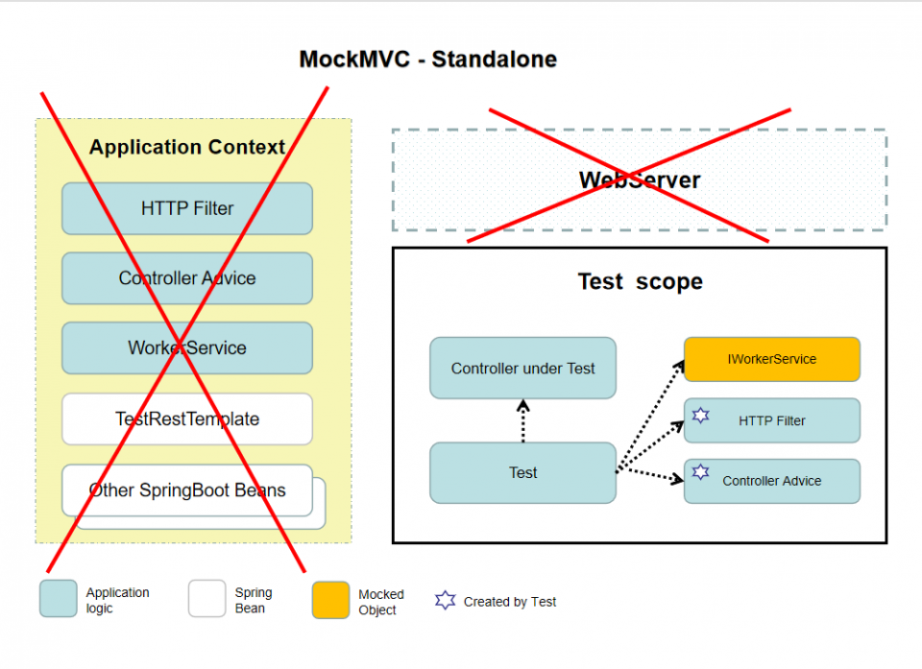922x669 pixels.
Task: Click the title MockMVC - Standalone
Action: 427,59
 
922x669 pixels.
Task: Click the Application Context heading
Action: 187,147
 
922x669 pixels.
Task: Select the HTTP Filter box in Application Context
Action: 187,208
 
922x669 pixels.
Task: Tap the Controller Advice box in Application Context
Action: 187,278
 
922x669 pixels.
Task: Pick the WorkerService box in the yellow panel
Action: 187,347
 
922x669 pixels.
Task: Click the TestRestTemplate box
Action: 187,418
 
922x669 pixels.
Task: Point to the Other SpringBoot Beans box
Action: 187,490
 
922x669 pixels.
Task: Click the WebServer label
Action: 639,179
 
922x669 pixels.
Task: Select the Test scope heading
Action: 640,281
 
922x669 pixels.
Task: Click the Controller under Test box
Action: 522,368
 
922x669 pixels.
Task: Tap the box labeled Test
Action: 522,472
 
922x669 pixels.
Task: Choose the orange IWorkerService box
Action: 771,359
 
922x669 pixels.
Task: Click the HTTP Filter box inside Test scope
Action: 771,420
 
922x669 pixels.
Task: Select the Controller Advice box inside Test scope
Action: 771,481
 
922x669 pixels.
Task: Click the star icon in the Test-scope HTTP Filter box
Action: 701,416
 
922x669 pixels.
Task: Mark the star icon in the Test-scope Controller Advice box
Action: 701,472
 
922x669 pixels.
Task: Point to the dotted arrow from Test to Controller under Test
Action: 522,420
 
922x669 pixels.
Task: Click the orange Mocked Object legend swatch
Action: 330,600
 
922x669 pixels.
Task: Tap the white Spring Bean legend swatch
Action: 206,600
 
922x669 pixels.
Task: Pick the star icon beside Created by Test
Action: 445,601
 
